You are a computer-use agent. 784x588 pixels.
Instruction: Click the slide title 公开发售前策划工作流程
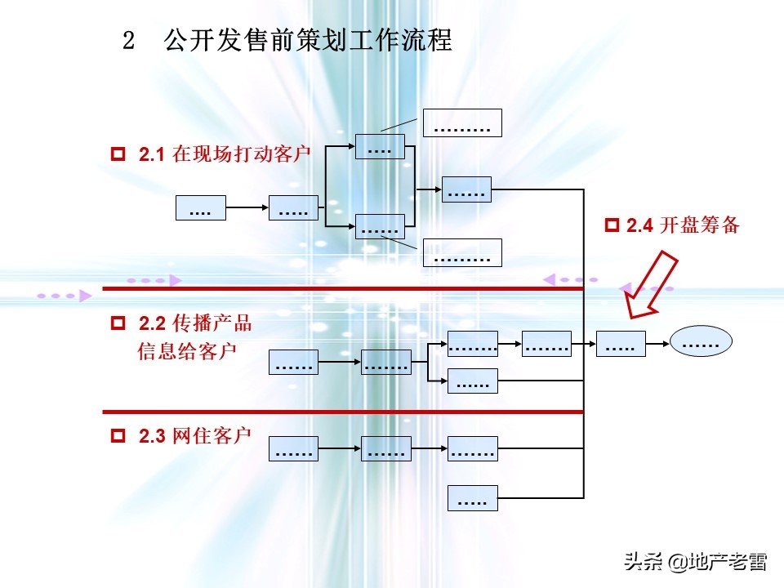coord(308,41)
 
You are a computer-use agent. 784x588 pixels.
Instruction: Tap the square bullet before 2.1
coord(118,154)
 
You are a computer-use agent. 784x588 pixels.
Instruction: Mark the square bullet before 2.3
coord(118,436)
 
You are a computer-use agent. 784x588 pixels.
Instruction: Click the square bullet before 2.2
coord(118,323)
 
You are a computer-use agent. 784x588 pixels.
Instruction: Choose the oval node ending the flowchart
coord(701,344)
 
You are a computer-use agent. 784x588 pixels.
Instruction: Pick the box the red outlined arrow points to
coord(621,344)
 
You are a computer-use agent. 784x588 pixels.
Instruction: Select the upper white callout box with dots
coord(461,123)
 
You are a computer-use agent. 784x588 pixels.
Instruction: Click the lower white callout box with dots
coord(461,253)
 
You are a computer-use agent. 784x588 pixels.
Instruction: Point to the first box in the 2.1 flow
coord(200,208)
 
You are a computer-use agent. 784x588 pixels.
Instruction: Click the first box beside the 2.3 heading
coord(293,448)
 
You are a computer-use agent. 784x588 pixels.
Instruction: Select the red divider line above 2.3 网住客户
coord(343,412)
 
